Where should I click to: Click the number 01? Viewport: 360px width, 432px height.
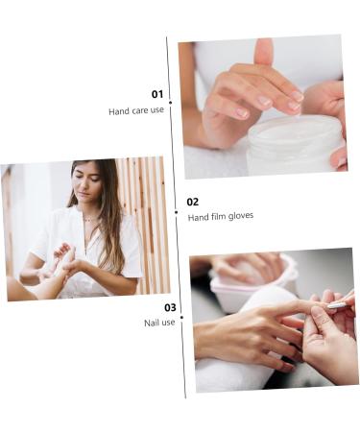(x=156, y=94)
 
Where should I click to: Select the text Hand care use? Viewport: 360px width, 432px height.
(x=136, y=110)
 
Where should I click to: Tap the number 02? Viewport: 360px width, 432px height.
(x=193, y=202)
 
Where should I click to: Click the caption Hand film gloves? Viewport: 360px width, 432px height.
(x=221, y=216)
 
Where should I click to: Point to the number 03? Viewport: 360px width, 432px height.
(x=170, y=308)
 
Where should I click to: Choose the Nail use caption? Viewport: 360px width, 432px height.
(x=159, y=323)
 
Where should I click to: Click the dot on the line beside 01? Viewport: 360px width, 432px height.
(x=171, y=102)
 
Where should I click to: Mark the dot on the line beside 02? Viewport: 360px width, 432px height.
(x=176, y=211)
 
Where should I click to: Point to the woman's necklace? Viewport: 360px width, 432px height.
(x=89, y=220)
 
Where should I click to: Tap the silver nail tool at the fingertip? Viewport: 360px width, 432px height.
(x=337, y=304)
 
